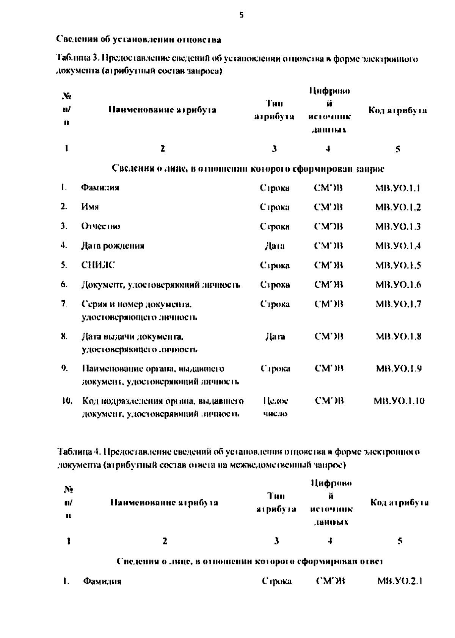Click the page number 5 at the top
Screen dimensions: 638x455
[x=242, y=16]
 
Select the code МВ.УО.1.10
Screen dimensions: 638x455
[x=399, y=401]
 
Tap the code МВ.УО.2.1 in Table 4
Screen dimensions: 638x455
[x=400, y=581]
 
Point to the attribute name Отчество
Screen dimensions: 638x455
[x=100, y=227]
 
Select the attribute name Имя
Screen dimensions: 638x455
[x=90, y=207]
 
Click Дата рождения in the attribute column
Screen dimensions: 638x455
[x=113, y=246]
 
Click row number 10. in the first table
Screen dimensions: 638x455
[x=67, y=401]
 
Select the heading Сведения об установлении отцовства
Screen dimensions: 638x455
[x=139, y=39]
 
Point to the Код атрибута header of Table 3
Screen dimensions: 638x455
[x=397, y=111]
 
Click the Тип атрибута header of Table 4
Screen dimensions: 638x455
[x=276, y=502]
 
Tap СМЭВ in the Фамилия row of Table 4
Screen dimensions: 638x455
[x=330, y=581]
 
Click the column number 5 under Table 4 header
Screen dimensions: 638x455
[x=400, y=541]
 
